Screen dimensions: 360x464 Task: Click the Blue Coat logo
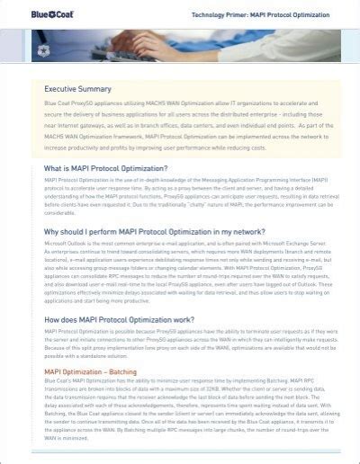click(x=40, y=14)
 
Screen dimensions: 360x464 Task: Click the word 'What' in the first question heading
click(x=55, y=168)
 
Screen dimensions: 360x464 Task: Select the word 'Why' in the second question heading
click(x=53, y=231)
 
